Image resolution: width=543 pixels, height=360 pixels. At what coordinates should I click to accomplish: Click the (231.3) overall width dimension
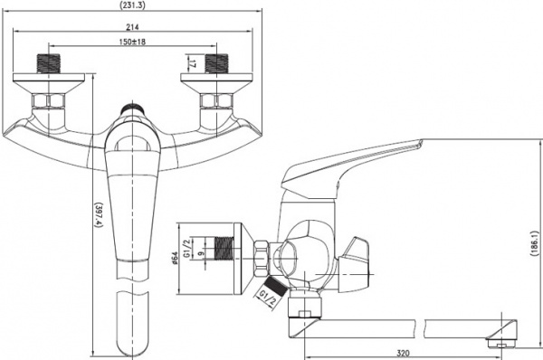click(135, 6)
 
